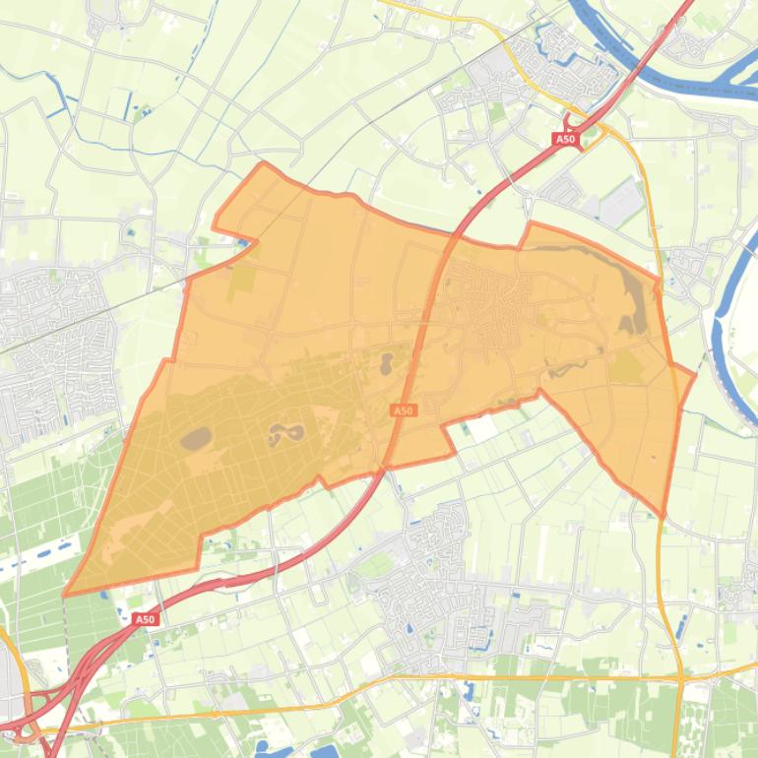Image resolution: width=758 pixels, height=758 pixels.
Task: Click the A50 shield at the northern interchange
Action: point(565,140)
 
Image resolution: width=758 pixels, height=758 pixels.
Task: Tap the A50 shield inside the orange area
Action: point(402,411)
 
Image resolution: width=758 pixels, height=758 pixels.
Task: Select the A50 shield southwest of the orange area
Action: point(145,619)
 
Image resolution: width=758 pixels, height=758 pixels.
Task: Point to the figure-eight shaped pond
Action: point(286,432)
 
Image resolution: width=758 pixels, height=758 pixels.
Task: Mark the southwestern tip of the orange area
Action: point(65,595)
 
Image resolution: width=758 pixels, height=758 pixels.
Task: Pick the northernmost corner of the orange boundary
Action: point(263,163)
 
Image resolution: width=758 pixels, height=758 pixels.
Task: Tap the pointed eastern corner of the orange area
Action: point(695,374)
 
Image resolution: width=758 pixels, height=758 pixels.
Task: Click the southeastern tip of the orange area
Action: point(663,514)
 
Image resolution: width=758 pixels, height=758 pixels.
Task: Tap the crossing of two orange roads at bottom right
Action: point(680,678)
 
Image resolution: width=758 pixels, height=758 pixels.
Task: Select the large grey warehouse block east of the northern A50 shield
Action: point(621,203)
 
